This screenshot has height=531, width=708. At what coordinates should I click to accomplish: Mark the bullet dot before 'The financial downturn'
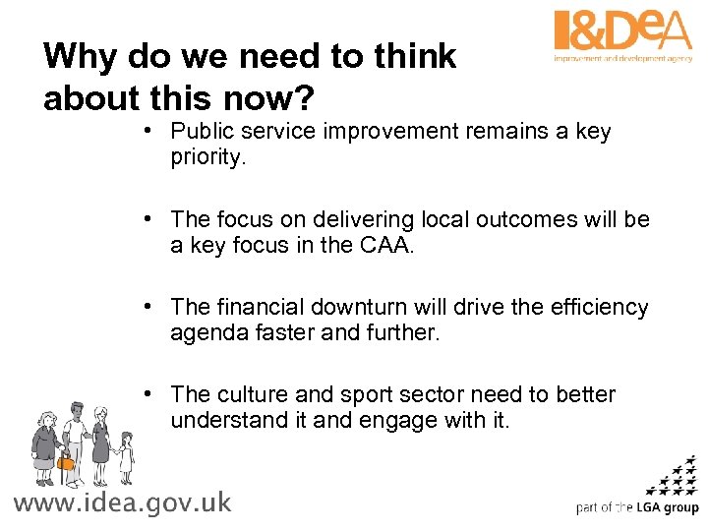pos(146,306)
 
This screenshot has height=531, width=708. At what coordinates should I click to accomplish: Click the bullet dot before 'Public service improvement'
pos(146,131)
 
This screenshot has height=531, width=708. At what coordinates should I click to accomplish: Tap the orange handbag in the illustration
pos(66,461)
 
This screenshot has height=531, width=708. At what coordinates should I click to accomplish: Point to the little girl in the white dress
pos(126,457)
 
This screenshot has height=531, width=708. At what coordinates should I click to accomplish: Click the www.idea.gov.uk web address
pos(122,502)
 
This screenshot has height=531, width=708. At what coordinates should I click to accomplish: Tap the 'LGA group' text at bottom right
pos(667,508)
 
